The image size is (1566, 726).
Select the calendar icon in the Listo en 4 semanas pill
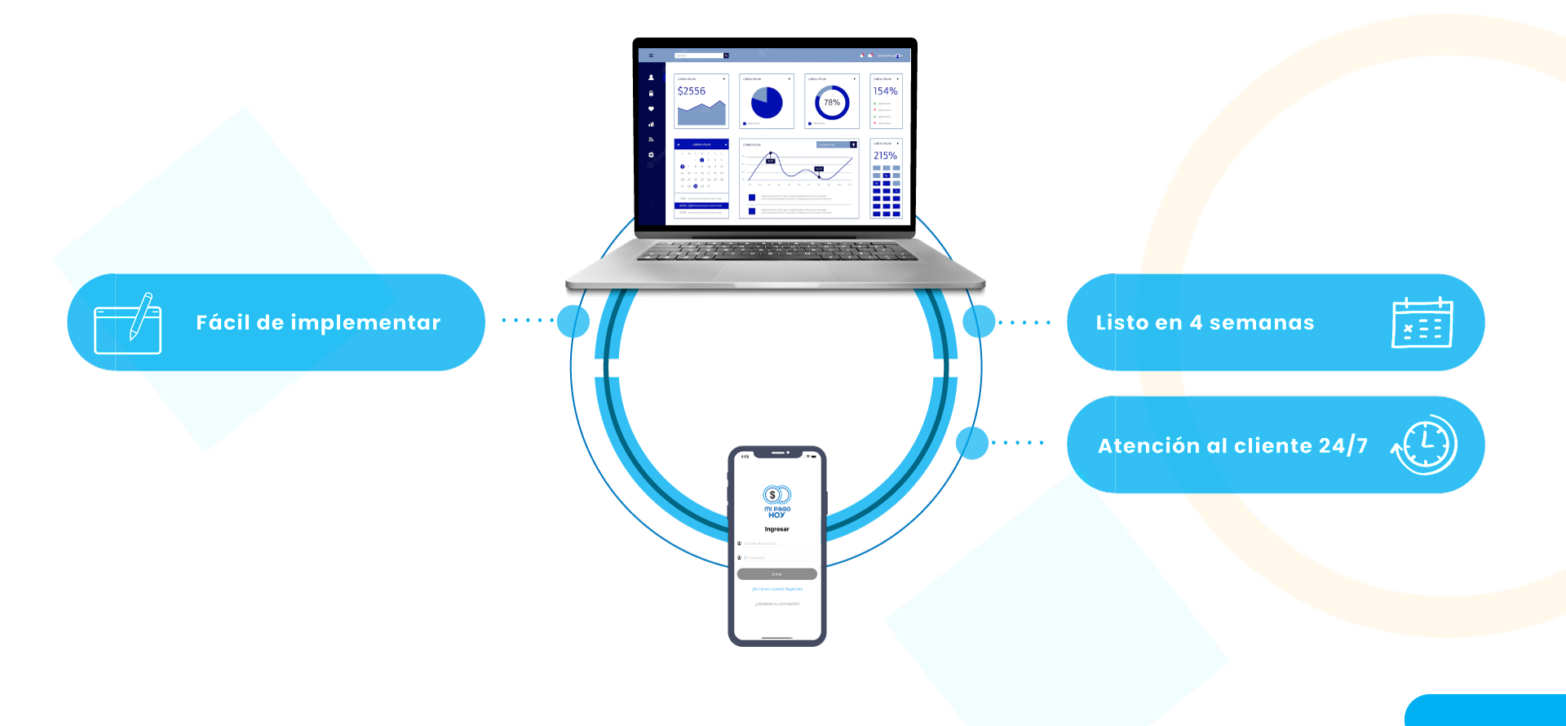coord(1422,323)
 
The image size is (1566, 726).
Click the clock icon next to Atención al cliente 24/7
coord(1426,445)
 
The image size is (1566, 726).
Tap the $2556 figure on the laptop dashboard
coord(692,91)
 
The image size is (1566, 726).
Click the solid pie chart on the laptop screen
coord(767,102)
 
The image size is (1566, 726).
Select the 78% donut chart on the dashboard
coord(832,103)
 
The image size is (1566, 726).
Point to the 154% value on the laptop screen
coord(885,91)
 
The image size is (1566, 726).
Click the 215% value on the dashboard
coord(885,156)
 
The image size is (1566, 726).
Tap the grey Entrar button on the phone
coord(776,574)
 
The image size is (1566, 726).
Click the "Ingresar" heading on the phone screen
coord(776,529)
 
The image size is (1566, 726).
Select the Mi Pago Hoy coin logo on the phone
coord(776,495)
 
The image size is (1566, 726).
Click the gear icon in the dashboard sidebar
coord(651,155)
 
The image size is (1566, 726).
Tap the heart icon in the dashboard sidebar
coord(651,108)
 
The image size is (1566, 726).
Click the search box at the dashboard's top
coord(700,55)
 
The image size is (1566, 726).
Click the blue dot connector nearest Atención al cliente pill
coord(972,443)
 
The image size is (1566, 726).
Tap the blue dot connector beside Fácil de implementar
coord(573,321)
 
